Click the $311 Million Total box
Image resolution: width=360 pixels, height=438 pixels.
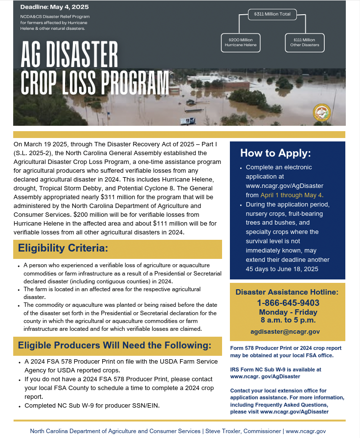pyautogui.click(x=272, y=14)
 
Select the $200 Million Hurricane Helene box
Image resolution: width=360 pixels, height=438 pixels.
pyautogui.click(x=240, y=43)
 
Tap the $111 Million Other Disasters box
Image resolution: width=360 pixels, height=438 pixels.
pyautogui.click(x=304, y=43)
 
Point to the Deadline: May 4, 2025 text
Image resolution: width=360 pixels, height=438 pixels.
pyautogui.click(x=54, y=7)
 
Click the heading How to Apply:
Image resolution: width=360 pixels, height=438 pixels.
pyautogui.click(x=275, y=153)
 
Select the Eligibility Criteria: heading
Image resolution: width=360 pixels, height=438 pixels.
pyautogui.click(x=63, y=248)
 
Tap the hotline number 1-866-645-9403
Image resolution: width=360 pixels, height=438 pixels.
pyautogui.click(x=288, y=303)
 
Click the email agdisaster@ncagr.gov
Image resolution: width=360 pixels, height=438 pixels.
pyautogui.click(x=288, y=331)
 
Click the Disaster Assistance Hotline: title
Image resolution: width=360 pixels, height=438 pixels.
pyautogui.click(x=287, y=292)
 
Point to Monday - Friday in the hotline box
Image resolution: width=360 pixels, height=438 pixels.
pyautogui.click(x=288, y=312)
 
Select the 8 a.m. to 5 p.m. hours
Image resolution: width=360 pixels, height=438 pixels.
pyautogui.click(x=288, y=321)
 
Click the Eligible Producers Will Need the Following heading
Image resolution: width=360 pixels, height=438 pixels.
pyautogui.click(x=114, y=346)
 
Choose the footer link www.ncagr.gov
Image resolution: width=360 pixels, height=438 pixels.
pyautogui.click(x=306, y=431)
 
